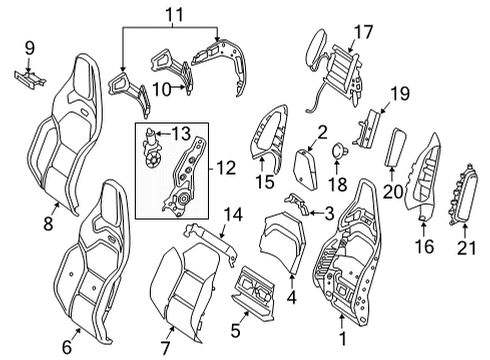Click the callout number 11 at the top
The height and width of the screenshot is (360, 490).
[175, 15]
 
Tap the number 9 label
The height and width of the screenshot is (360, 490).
[30, 48]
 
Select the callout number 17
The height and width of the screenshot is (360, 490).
[363, 32]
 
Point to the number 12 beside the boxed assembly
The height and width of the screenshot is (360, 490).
[226, 168]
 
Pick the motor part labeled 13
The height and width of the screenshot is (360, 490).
[152, 147]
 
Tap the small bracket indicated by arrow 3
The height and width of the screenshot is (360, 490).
[298, 203]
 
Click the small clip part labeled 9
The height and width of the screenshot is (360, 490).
[29, 80]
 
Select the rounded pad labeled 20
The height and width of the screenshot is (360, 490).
[394, 147]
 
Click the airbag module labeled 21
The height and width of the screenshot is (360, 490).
[464, 194]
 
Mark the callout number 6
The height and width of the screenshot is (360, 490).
[67, 347]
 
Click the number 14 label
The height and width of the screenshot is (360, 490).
[233, 214]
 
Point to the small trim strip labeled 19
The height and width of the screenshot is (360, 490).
[368, 128]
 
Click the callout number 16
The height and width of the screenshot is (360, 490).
[424, 246]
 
